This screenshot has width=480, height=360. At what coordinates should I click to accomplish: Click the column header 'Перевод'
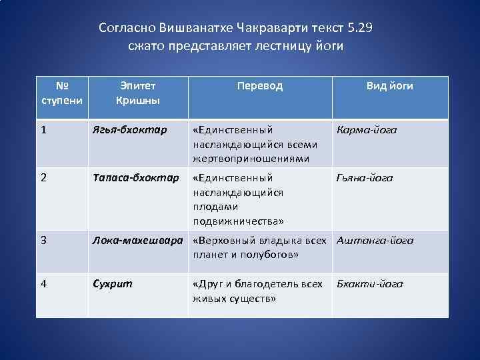point(260,86)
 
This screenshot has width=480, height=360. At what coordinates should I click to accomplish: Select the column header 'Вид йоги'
point(389,86)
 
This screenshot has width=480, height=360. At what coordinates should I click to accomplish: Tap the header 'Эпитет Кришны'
point(138,93)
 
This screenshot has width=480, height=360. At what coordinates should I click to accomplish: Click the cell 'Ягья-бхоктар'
point(129,130)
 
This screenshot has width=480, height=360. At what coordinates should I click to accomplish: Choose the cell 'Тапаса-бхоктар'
point(135,178)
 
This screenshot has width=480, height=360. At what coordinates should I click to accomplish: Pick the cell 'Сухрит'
point(113,284)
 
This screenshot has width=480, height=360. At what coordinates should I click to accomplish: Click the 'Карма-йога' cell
point(367,130)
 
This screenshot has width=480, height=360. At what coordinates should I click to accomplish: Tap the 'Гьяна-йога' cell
point(365,178)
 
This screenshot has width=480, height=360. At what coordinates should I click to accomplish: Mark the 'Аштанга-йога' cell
point(375,241)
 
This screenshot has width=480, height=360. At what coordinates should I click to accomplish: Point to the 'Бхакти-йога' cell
point(369,284)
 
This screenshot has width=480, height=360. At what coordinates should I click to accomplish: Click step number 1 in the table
point(44,130)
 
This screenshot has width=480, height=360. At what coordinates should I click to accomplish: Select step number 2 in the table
point(44,178)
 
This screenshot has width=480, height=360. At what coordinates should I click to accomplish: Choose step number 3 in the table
point(44,241)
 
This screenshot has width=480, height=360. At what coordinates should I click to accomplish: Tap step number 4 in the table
point(44,284)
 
